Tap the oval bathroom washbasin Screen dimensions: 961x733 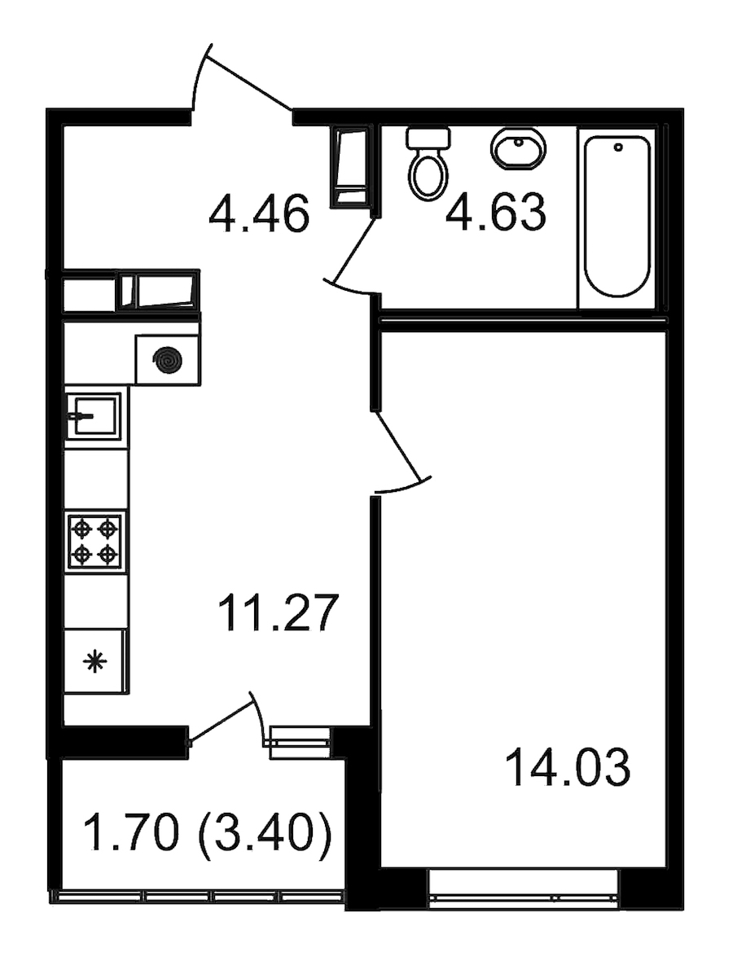(518, 149)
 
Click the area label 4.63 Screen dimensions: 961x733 (495, 213)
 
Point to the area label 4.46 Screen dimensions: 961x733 (259, 216)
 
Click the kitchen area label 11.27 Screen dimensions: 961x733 (278, 614)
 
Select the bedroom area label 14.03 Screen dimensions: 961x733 (568, 769)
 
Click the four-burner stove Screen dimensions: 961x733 (94, 542)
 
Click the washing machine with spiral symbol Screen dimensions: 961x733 (168, 359)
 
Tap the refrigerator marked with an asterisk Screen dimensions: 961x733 (95, 661)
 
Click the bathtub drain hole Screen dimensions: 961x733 (618, 147)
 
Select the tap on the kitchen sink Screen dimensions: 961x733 (80, 415)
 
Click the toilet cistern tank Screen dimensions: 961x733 (428, 138)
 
